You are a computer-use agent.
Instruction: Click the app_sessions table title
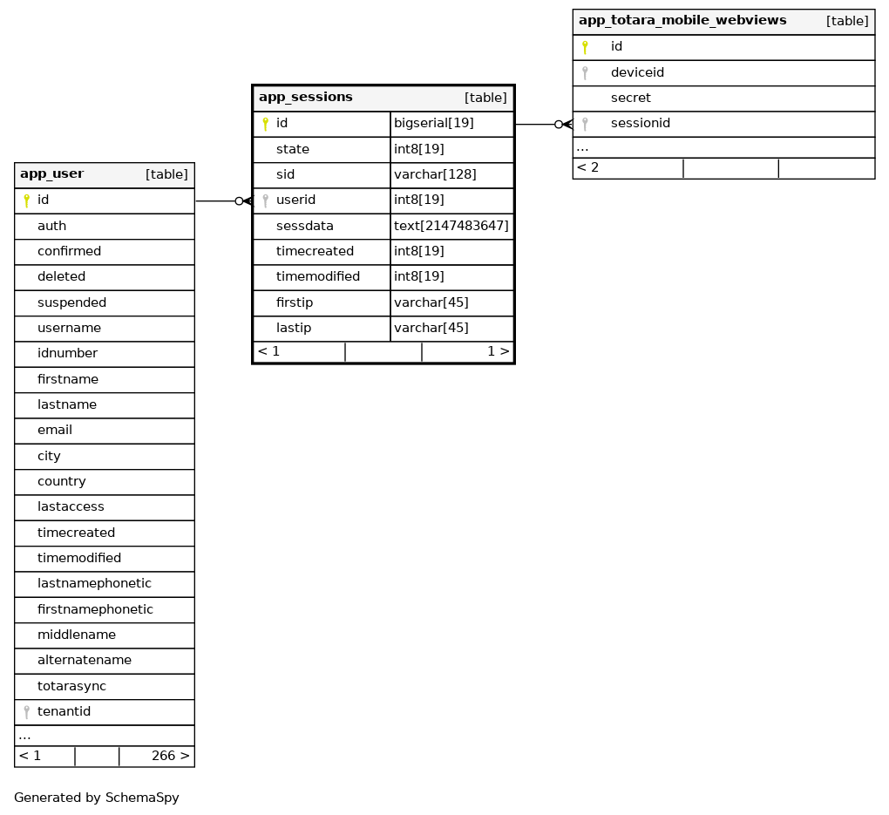306,98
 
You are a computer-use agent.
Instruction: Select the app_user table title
52,174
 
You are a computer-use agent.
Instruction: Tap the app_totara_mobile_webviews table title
682,21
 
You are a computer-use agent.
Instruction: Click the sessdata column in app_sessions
305,226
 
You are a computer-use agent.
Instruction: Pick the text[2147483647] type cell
451,226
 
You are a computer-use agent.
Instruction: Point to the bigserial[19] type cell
434,124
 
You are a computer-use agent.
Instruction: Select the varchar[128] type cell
435,174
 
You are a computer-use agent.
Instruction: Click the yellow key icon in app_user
27,200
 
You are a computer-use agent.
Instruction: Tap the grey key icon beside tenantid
27,712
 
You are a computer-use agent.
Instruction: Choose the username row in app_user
69,329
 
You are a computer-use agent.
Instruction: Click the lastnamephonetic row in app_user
94,584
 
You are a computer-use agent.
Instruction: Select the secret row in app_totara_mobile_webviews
631,98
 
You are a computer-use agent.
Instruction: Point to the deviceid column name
637,72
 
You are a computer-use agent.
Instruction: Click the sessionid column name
641,124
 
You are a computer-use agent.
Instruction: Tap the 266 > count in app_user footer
170,756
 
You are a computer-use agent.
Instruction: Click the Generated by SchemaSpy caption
97,798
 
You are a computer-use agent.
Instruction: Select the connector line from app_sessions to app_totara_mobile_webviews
535,125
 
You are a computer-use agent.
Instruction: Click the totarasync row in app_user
71,686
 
